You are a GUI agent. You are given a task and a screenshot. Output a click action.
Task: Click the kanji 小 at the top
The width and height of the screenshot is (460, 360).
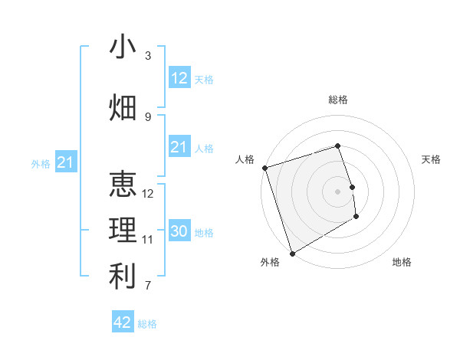point(123,47)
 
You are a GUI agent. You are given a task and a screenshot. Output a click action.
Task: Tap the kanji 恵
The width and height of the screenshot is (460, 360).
point(123,185)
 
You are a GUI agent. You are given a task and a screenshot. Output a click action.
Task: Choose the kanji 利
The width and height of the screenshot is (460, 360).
point(123,277)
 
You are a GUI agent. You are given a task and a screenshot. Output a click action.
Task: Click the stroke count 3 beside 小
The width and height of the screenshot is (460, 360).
point(148,56)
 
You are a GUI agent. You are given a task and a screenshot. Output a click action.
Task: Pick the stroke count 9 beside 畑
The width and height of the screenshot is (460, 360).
point(148,117)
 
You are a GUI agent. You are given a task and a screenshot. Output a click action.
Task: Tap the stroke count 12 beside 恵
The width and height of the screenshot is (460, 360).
point(148,194)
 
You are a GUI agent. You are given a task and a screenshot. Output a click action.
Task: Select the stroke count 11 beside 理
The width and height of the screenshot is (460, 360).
point(148,240)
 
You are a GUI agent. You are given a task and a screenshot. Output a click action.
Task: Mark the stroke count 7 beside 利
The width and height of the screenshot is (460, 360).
point(148,286)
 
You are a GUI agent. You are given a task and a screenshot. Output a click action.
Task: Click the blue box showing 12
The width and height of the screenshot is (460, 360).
point(179,78)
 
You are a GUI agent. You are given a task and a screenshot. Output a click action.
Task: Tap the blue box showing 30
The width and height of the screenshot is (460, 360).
point(179,231)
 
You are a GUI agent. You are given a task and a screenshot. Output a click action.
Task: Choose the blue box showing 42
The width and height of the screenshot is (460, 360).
point(123,322)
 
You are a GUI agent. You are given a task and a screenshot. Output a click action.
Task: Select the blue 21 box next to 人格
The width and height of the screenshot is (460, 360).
point(179,147)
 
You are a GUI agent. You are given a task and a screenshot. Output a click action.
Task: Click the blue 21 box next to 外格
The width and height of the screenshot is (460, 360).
point(65,162)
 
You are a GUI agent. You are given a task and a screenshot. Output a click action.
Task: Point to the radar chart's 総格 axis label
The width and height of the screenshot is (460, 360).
point(338,100)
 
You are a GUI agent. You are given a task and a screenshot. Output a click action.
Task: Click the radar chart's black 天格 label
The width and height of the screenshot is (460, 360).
point(432,159)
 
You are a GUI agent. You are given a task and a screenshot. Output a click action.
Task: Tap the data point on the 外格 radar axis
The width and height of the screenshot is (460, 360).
point(292,253)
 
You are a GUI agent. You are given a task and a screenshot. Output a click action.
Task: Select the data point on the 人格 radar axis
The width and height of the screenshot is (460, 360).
point(264,168)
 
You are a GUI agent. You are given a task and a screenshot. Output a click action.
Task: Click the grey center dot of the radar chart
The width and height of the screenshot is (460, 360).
point(338,191)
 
